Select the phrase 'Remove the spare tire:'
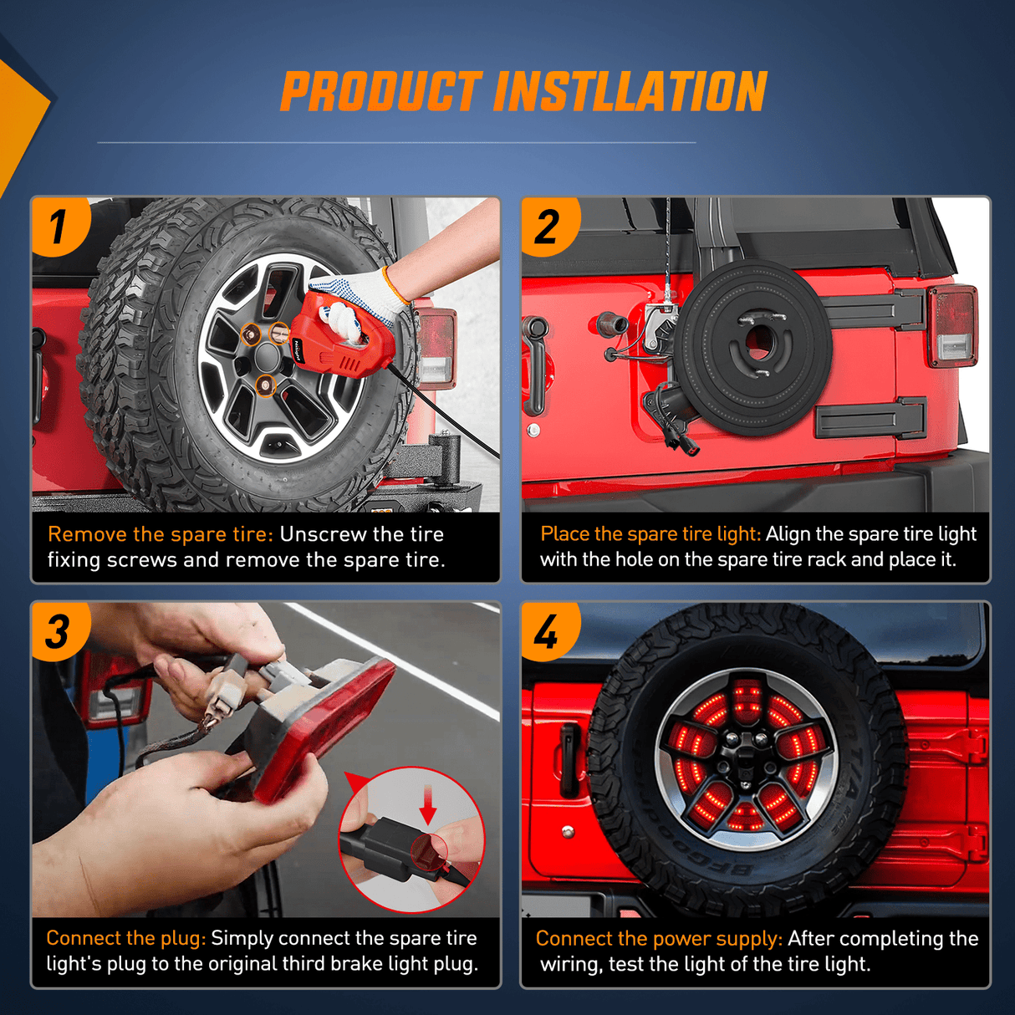161,534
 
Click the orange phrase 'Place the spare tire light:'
651,533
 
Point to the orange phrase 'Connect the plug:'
126,938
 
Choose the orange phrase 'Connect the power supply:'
659,938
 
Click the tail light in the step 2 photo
952,330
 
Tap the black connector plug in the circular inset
380,848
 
